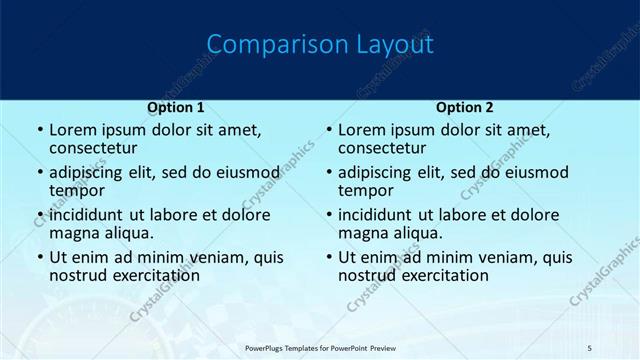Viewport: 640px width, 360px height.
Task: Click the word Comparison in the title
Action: pyautogui.click(x=267, y=45)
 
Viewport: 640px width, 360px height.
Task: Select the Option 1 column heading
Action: pyautogui.click(x=176, y=107)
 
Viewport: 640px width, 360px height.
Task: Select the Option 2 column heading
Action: pyautogui.click(x=465, y=107)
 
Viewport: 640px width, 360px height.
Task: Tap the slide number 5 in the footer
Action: pyautogui.click(x=589, y=347)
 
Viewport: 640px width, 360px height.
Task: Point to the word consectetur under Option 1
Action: pyautogui.click(x=94, y=149)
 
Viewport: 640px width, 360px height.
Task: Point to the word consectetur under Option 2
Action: pyautogui.click(x=383, y=149)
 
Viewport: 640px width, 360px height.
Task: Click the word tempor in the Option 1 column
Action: pyautogui.click(x=76, y=191)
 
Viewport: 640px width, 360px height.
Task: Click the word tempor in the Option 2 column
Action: pyautogui.click(x=365, y=191)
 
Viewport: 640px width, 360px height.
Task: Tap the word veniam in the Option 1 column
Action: pyautogui.click(x=221, y=257)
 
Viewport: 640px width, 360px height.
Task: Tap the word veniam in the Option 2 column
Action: pyautogui.click(x=510, y=257)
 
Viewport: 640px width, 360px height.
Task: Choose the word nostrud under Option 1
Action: pyautogui.click(x=78, y=275)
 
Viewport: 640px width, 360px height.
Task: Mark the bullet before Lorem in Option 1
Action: pyautogui.click(x=40, y=131)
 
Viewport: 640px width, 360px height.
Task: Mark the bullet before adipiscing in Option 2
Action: pyautogui.click(x=329, y=173)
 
